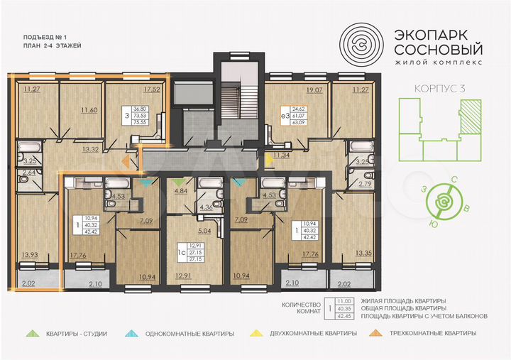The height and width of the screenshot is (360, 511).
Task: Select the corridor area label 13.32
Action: coord(89,150)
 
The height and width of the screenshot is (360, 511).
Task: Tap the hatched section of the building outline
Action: coord(468,114)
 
